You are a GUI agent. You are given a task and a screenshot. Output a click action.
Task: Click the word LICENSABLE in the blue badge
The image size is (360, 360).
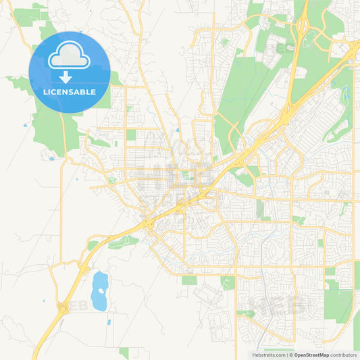[70, 92]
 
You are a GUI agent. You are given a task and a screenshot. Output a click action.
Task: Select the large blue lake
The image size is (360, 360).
[99, 290]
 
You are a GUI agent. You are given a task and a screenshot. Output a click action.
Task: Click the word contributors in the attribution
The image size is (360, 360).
[344, 354]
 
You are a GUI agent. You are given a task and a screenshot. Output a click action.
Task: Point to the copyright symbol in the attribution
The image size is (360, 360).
[290, 354]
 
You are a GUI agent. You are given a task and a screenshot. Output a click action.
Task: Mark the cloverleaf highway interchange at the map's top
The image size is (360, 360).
[301, 30]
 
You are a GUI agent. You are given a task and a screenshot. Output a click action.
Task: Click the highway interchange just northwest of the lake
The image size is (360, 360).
[84, 267]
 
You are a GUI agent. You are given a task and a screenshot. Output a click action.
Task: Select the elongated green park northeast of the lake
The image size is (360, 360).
[124, 242]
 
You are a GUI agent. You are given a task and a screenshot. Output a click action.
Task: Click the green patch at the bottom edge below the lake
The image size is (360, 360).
[124, 353]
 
